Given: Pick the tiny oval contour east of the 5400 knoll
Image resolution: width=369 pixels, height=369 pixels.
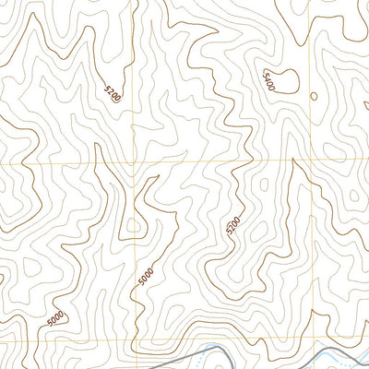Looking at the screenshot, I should tap(314, 95).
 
